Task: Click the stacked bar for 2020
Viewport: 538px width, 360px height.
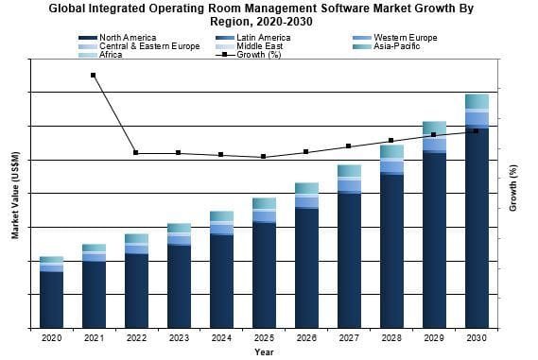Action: pyautogui.click(x=51, y=292)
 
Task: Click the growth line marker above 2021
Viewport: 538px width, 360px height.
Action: pyautogui.click(x=93, y=75)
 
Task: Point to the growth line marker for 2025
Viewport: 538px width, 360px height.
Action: pyautogui.click(x=264, y=157)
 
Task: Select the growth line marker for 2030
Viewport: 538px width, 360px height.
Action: pyautogui.click(x=477, y=131)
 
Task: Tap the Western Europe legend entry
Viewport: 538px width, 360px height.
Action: pyautogui.click(x=407, y=38)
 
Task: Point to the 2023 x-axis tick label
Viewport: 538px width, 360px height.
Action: pyautogui.click(x=179, y=337)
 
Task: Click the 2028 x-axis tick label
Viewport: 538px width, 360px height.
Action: pyautogui.click(x=391, y=337)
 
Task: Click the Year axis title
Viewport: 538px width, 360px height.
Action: pyautogui.click(x=264, y=351)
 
